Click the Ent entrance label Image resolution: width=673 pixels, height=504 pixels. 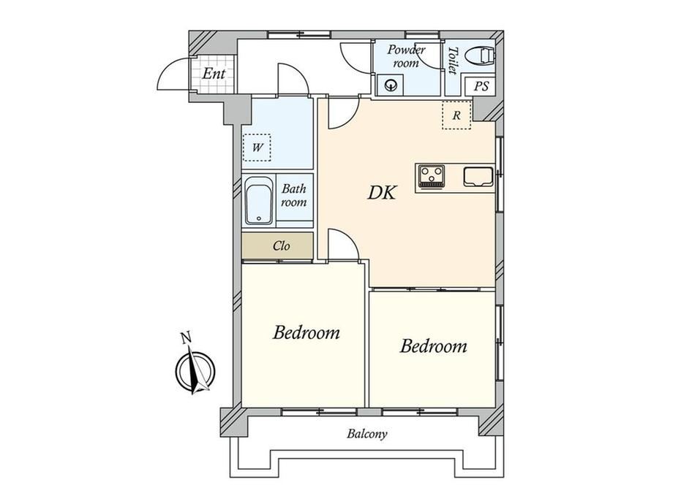(x=214, y=74)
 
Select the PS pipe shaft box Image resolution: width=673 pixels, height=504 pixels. (x=481, y=87)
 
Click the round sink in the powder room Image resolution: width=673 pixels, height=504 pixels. (x=391, y=85)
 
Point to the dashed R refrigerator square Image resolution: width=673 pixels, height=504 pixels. (x=456, y=115)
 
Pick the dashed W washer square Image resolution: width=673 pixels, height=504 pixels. (x=257, y=148)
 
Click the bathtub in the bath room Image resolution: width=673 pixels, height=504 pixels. (x=259, y=201)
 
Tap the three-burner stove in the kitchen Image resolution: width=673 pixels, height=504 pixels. (x=432, y=176)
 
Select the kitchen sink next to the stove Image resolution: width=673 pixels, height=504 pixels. (x=478, y=177)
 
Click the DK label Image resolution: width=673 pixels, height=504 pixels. (x=382, y=193)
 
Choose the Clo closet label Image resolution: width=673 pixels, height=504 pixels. (x=281, y=246)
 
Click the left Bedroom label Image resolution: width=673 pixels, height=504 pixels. (x=306, y=332)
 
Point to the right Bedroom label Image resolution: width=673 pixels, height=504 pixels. (x=434, y=345)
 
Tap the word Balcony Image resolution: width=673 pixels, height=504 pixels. (x=367, y=434)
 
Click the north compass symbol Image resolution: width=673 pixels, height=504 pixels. (x=195, y=371)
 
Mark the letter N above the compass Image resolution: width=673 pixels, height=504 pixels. (x=185, y=338)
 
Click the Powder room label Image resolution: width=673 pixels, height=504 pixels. (x=406, y=56)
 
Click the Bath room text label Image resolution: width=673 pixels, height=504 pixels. (x=294, y=195)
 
